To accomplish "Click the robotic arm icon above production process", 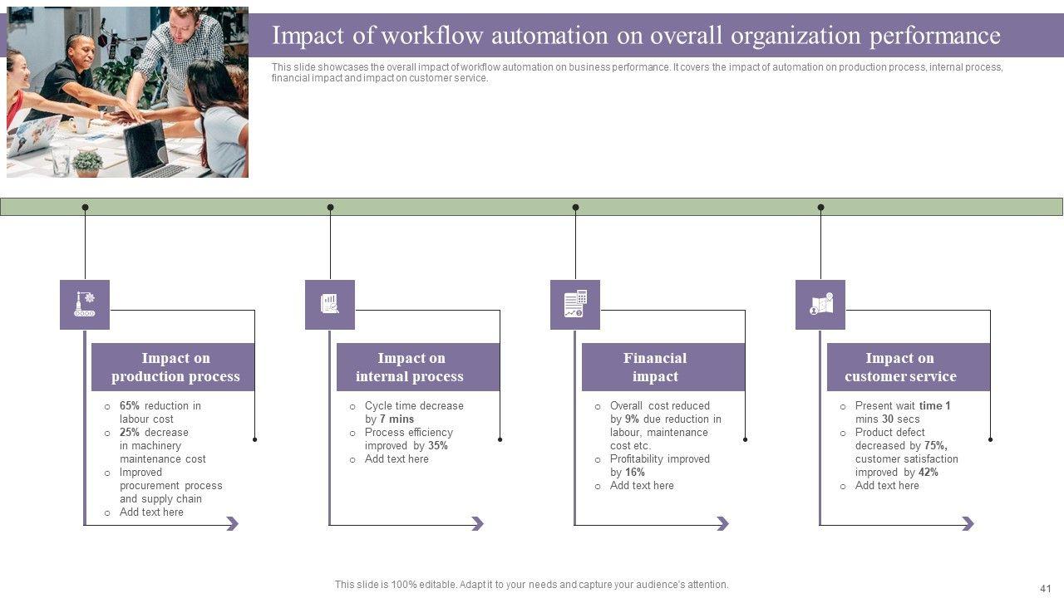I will pos(85,305).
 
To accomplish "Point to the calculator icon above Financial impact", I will pos(575,305).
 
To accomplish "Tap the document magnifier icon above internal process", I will pos(330,305).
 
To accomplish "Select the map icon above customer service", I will pos(820,305).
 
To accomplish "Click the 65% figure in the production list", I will pos(130,406).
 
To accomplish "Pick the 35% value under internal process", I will pos(438,446).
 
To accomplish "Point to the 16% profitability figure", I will pos(635,473).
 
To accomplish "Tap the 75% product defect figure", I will pos(935,446).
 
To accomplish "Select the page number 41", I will pos(1046,587).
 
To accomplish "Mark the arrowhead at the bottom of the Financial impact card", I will pos(722,524).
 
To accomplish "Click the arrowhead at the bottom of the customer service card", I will pos(968,524).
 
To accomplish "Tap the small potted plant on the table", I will pos(87,163).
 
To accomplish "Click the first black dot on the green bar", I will pos(85,208).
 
